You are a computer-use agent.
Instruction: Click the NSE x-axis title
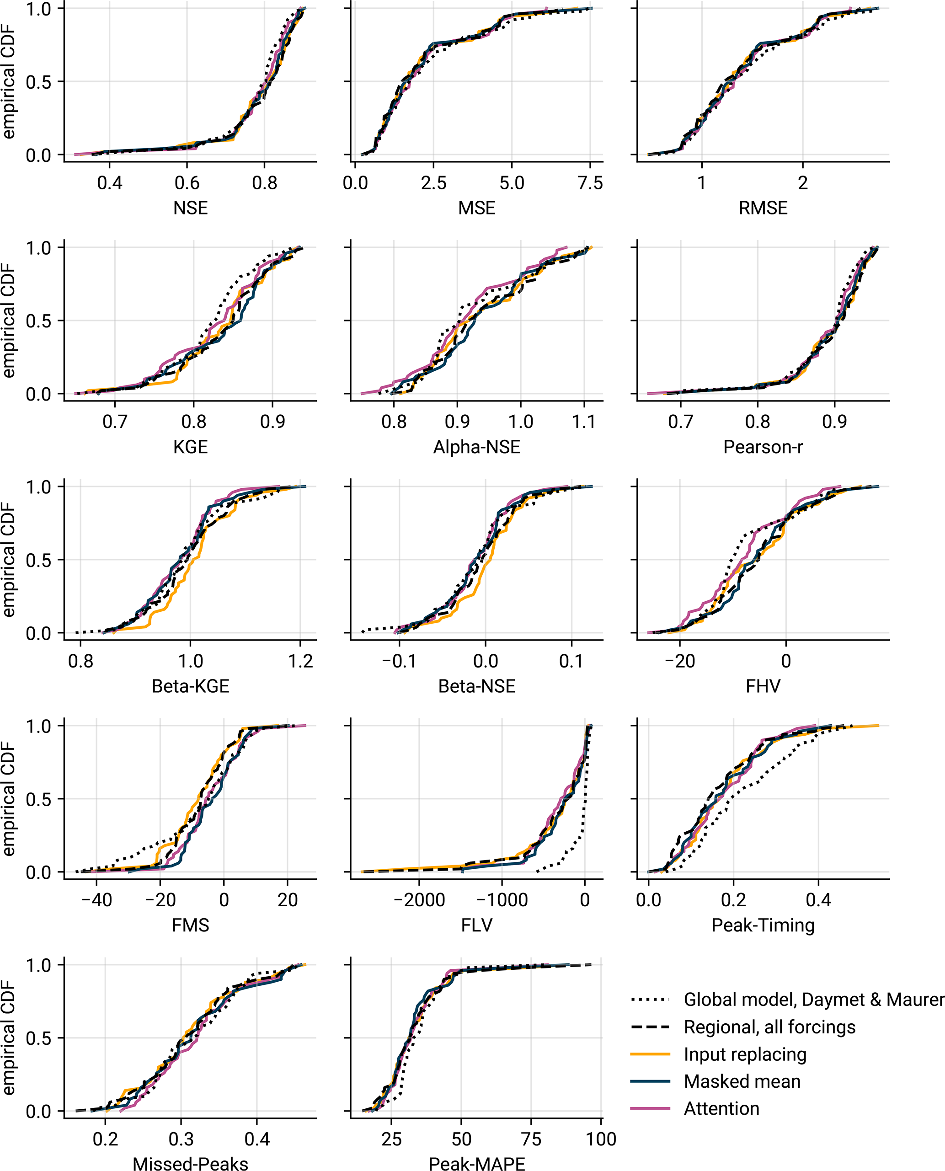[191, 208]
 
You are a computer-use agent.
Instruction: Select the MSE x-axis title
[477, 208]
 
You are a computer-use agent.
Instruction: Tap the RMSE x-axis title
[763, 208]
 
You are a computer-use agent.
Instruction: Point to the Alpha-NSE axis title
[477, 447]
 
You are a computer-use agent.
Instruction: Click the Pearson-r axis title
[763, 447]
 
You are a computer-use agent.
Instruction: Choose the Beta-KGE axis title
[191, 686]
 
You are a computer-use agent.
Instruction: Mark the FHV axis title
[763, 686]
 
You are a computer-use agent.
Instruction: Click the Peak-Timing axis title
[763, 925]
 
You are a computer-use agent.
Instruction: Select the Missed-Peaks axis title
[191, 1163]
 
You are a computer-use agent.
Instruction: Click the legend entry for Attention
[721, 1108]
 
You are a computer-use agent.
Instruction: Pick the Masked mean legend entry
[742, 1081]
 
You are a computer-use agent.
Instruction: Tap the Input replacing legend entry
[745, 1054]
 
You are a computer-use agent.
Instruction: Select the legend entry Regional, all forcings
[769, 1027]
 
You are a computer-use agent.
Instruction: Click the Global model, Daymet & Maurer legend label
[813, 1000]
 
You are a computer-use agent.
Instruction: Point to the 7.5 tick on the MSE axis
[590, 183]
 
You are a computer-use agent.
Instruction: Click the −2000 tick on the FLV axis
[419, 900]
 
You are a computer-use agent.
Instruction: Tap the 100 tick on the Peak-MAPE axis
[601, 1139]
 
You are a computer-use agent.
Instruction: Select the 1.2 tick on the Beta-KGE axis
[300, 661]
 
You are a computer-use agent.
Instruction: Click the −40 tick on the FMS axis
[96, 900]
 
